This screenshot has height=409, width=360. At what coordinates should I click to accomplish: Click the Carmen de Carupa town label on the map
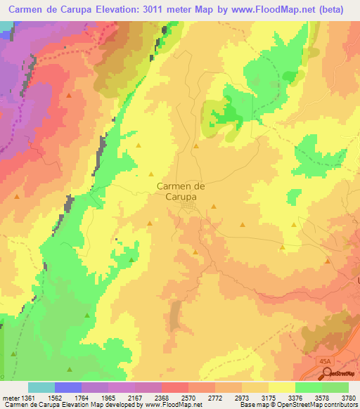tap(180, 192)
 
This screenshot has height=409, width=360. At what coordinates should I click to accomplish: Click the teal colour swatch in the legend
tap(41, 387)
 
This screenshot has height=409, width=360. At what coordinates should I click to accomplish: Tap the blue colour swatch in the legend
tap(68, 387)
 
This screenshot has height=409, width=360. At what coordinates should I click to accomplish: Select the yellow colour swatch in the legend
tap(282, 387)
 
